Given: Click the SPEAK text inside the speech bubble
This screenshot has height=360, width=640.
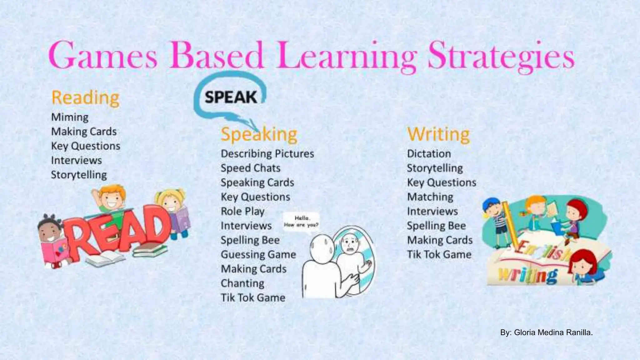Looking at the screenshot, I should pyautogui.click(x=231, y=97).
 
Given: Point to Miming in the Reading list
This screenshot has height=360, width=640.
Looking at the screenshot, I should pyautogui.click(x=70, y=117).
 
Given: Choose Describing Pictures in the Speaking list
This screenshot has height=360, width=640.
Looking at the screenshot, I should pyautogui.click(x=267, y=154).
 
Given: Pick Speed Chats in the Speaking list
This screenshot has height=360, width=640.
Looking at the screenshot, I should pyautogui.click(x=250, y=168).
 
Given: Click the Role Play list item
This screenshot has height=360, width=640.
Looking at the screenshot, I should pyautogui.click(x=242, y=211).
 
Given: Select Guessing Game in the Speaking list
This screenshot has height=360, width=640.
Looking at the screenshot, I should pyautogui.click(x=258, y=254).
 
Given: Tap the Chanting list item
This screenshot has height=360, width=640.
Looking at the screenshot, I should pyautogui.click(x=242, y=283).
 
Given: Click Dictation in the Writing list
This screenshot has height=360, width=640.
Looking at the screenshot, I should pyautogui.click(x=429, y=154).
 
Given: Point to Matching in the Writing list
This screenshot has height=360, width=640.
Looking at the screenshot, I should pyautogui.click(x=430, y=197).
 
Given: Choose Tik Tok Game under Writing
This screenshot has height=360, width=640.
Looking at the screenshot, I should pyautogui.click(x=439, y=254).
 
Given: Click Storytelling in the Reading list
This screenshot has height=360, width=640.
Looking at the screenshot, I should pyautogui.click(x=79, y=175).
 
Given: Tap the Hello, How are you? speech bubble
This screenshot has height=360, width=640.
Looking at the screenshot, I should pyautogui.click(x=301, y=222).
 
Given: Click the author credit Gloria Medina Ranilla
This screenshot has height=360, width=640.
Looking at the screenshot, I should pyautogui.click(x=546, y=332).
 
